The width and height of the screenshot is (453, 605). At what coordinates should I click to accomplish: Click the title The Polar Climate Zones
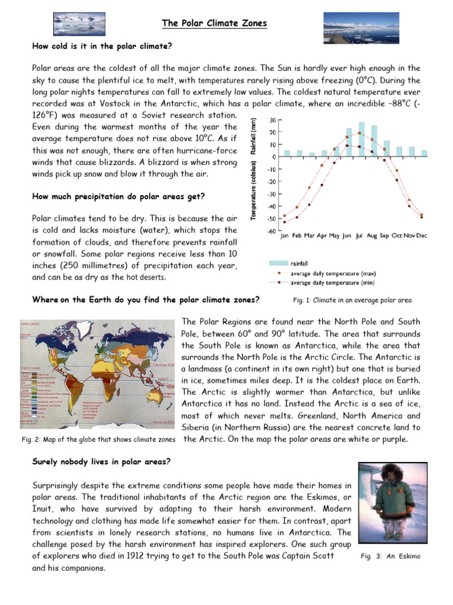pos(215,24)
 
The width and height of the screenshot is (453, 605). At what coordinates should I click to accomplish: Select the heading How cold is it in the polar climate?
pos(101,46)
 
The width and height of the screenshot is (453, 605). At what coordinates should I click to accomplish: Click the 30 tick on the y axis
pos(272,120)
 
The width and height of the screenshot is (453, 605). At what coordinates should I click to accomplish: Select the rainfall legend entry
pos(297,264)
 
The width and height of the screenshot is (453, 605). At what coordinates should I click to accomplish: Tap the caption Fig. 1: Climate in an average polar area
pos(352,301)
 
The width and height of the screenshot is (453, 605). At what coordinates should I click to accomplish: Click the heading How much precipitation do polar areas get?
pos(119,196)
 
